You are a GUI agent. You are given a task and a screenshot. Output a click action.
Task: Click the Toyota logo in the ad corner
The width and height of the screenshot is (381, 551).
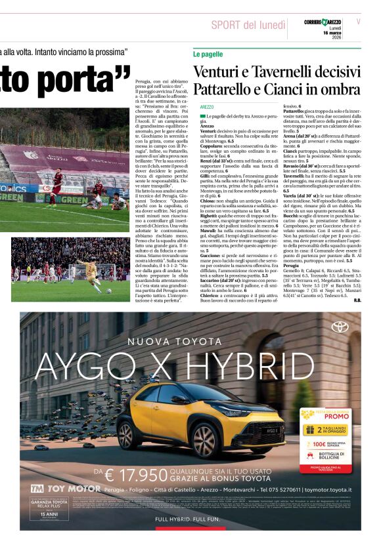[x=340, y=327]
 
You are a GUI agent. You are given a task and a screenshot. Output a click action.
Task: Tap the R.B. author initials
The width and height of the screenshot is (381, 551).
[x=357, y=300]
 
